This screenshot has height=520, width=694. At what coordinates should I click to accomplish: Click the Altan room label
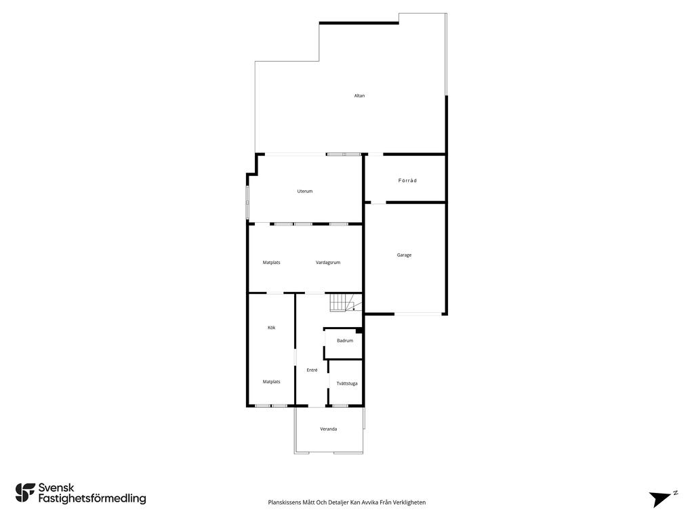(x=359, y=95)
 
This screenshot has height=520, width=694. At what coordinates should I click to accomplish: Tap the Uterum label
(x=305, y=191)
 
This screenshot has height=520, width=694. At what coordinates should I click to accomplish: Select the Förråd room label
(x=407, y=180)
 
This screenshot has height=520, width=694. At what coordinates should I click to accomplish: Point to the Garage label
(x=404, y=255)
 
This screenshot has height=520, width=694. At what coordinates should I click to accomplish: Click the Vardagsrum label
(x=328, y=262)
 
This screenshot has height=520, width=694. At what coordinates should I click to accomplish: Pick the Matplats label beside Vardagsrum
(x=272, y=262)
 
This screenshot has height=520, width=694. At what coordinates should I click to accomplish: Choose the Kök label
(x=272, y=328)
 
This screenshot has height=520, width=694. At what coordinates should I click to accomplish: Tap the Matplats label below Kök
(x=272, y=382)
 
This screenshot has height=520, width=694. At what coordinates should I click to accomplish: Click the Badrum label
(x=345, y=341)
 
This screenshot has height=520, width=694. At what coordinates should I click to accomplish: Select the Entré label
(x=312, y=370)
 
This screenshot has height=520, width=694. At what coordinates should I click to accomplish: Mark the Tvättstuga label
(x=347, y=383)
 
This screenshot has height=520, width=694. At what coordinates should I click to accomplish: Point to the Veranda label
(x=329, y=429)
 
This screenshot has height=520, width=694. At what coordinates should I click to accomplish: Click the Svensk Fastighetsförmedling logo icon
(x=25, y=492)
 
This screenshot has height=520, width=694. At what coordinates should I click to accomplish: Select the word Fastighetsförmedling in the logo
(x=92, y=499)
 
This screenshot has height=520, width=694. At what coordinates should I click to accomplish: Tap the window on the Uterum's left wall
(x=247, y=198)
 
